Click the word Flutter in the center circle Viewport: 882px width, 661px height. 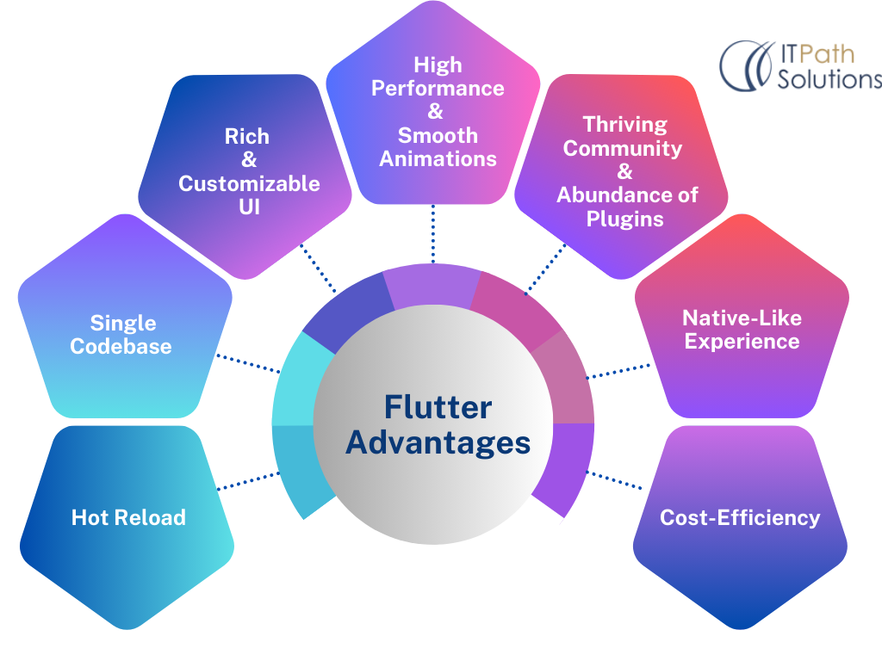pyautogui.click(x=438, y=407)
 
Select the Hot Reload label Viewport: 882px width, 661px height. pyautogui.click(x=128, y=517)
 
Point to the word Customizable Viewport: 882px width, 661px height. pyautogui.click(x=249, y=183)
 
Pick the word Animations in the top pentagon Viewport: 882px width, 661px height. pyautogui.click(x=438, y=158)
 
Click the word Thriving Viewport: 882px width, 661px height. pyautogui.click(x=624, y=125)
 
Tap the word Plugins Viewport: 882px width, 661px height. pyautogui.click(x=624, y=219)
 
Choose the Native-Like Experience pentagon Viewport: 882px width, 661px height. pyautogui.click(x=741, y=330)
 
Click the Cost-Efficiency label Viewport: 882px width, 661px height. pyautogui.click(x=740, y=517)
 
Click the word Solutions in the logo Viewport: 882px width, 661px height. pyautogui.click(x=829, y=79)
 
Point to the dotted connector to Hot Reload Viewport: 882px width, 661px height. pyautogui.click(x=245, y=481)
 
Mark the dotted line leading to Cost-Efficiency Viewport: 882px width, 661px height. pyautogui.click(x=616, y=479)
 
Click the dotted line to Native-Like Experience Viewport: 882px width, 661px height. pyautogui.click(x=618, y=371)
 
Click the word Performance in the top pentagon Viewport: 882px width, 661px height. pyautogui.click(x=438, y=89)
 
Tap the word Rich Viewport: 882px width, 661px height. pyautogui.click(x=247, y=137)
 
